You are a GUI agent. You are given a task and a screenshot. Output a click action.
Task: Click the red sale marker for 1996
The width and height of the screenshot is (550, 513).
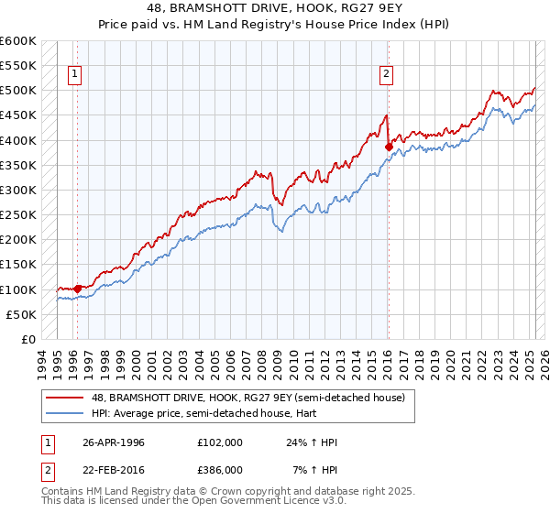78,289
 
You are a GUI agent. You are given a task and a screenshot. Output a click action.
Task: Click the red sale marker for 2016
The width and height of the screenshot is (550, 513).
389,147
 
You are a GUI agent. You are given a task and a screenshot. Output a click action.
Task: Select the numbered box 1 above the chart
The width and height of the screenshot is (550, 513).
74,75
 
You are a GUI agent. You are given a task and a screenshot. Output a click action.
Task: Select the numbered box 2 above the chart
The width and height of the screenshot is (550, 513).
387,75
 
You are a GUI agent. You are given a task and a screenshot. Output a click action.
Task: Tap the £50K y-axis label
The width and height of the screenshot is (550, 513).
21,314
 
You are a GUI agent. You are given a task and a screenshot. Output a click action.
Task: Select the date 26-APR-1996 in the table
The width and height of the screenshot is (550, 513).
114,442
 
